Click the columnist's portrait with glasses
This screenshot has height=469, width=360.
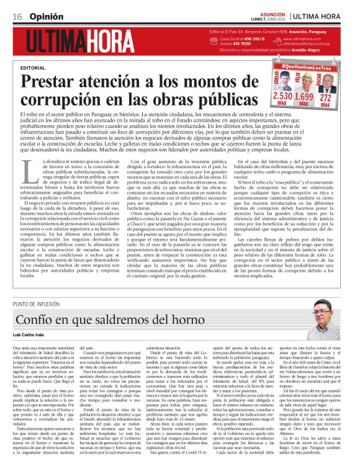pyautogui.click(x=322, y=314)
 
